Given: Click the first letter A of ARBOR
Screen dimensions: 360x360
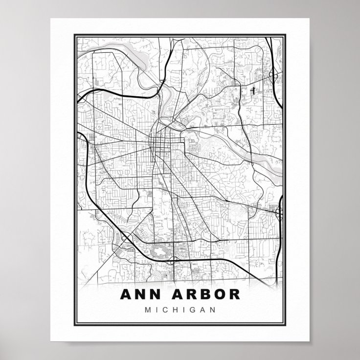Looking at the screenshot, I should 172,295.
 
